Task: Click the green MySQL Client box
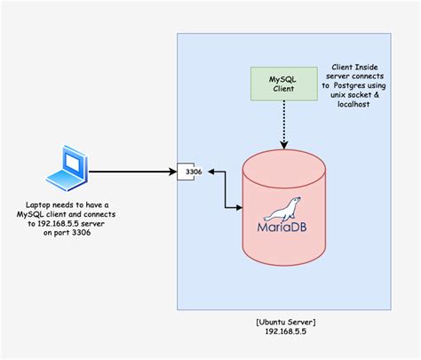[283, 86]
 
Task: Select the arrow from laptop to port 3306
[133, 171]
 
